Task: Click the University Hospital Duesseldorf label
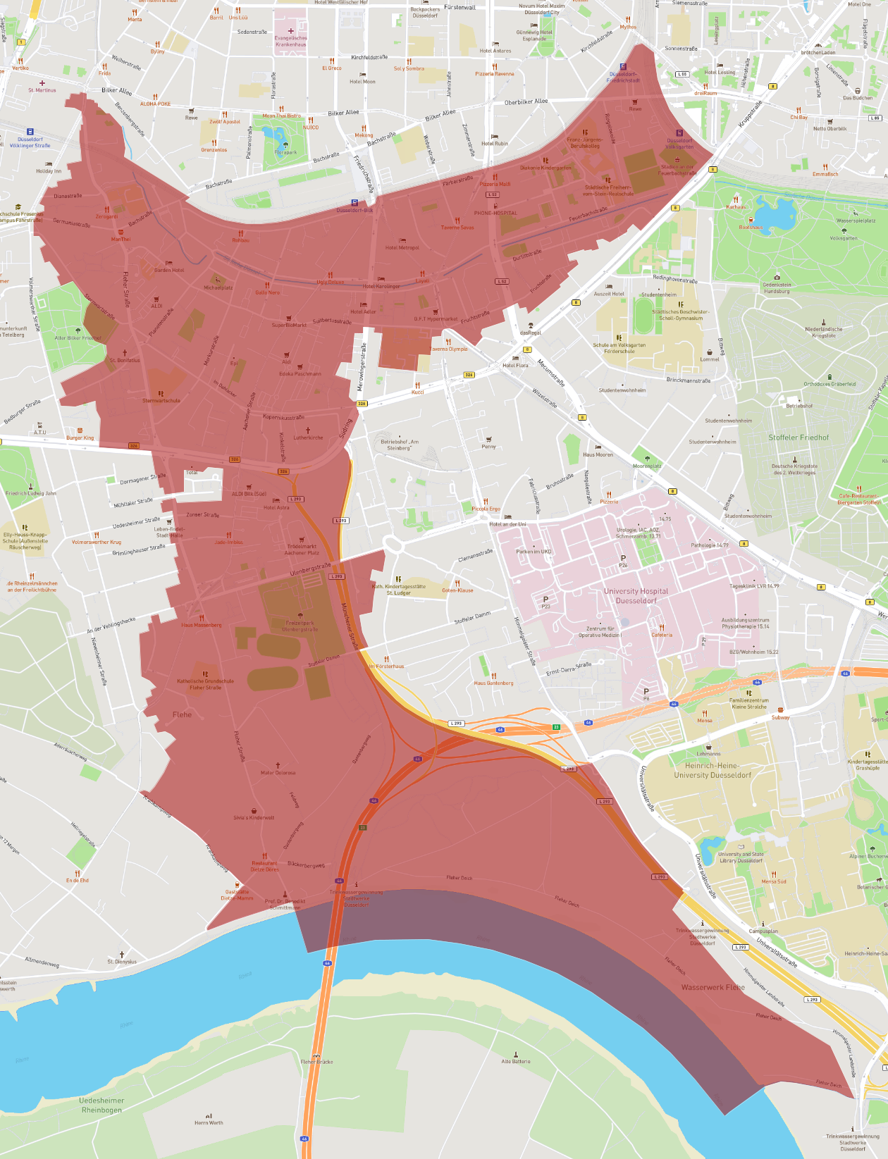[x=636, y=596]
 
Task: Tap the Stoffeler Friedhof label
[x=798, y=438]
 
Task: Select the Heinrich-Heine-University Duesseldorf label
[x=713, y=770]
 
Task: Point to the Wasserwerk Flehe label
[x=713, y=987]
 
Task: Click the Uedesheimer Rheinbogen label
[x=101, y=1105]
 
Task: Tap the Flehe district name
[x=182, y=714]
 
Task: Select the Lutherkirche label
[x=308, y=438]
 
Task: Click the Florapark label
[x=285, y=152]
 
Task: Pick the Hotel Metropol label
[x=402, y=247]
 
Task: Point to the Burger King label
[x=80, y=438]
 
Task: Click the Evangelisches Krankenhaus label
[x=290, y=41]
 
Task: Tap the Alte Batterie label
[x=516, y=1061]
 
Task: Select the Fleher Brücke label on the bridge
[x=316, y=1061]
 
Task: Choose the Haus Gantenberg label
[x=493, y=683]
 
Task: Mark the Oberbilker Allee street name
[x=526, y=102]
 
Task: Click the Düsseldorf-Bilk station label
[x=354, y=210]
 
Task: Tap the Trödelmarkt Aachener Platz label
[x=302, y=550]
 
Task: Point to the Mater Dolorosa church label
[x=278, y=772]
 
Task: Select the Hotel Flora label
[x=515, y=365]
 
